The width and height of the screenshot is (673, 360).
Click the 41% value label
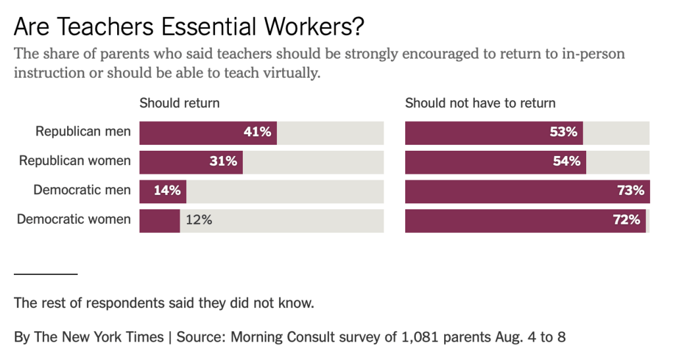(257, 132)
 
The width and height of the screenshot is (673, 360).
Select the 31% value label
(223, 161)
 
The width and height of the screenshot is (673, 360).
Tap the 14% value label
(167, 191)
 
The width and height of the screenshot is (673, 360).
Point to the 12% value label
(199, 220)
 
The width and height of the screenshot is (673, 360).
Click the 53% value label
(563, 132)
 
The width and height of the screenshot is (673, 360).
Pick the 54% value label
(566, 161)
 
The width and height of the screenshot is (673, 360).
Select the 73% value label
(630, 191)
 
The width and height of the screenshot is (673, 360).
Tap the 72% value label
(626, 220)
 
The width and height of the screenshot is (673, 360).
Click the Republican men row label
(83, 132)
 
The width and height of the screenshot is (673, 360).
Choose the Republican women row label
(74, 161)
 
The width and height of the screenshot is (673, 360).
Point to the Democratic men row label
(82, 191)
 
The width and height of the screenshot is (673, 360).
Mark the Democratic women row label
(74, 220)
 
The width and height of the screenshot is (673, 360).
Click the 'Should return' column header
(179, 103)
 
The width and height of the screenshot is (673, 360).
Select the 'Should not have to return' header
(480, 103)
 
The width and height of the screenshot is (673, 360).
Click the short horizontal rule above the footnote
(45, 273)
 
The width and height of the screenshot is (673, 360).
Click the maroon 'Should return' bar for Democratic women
(159, 220)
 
